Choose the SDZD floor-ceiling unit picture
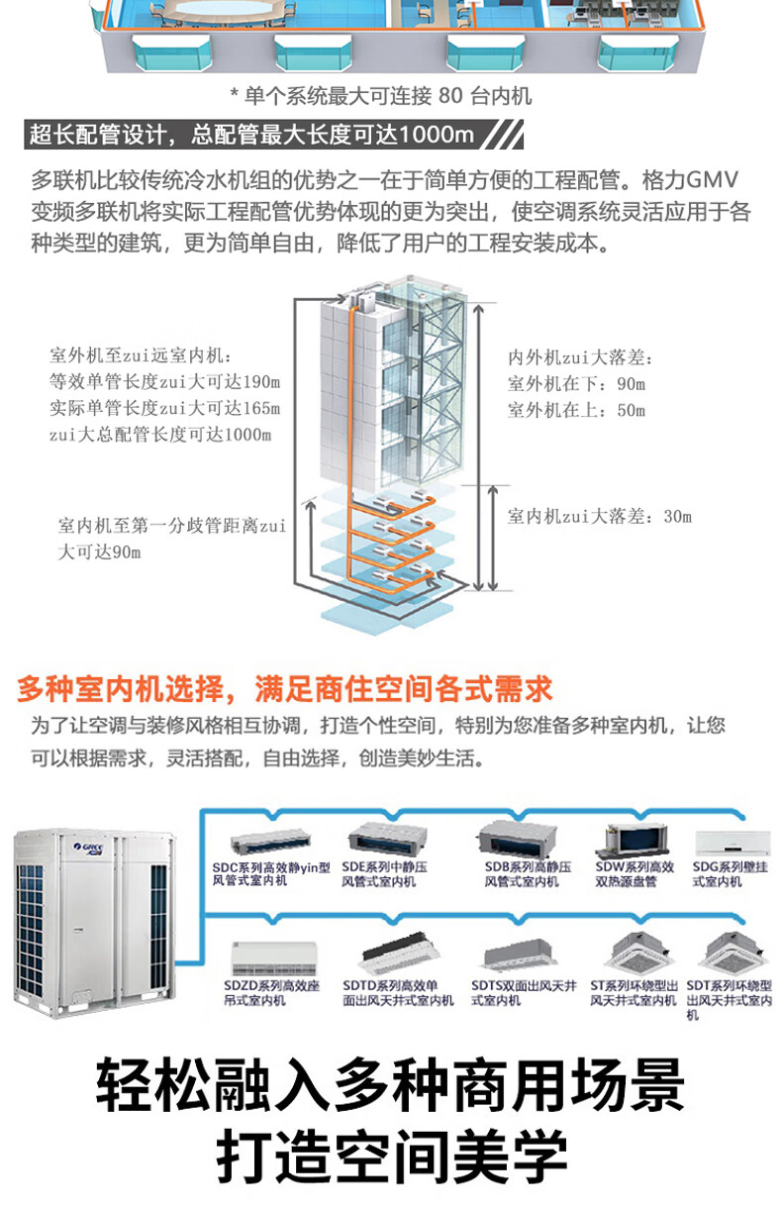point(262,959)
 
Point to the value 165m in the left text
point(262,408)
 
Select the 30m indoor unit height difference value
point(677,516)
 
